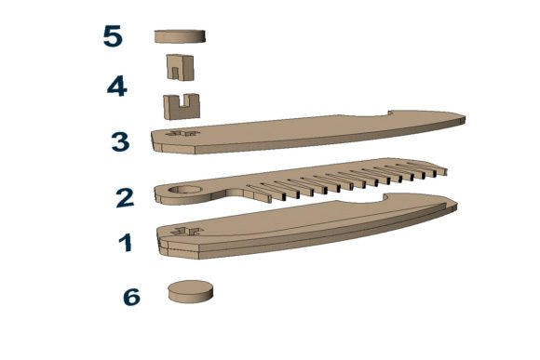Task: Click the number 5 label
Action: click(113, 36)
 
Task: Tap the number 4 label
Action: click(117, 86)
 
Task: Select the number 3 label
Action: click(120, 141)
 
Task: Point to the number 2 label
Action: click(125, 198)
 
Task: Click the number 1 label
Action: click(126, 242)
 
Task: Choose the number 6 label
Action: click(132, 297)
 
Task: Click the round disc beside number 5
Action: click(180, 36)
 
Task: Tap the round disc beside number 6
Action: click(191, 292)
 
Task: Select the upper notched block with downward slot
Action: click(180, 67)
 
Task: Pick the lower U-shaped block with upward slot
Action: click(182, 107)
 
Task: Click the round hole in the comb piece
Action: click(185, 190)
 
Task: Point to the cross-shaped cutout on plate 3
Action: click(183, 133)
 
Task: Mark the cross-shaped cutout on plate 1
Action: click(187, 231)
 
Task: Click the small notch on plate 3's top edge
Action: click(390, 113)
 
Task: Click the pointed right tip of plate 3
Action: click(464, 118)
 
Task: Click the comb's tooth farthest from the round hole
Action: click(436, 167)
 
